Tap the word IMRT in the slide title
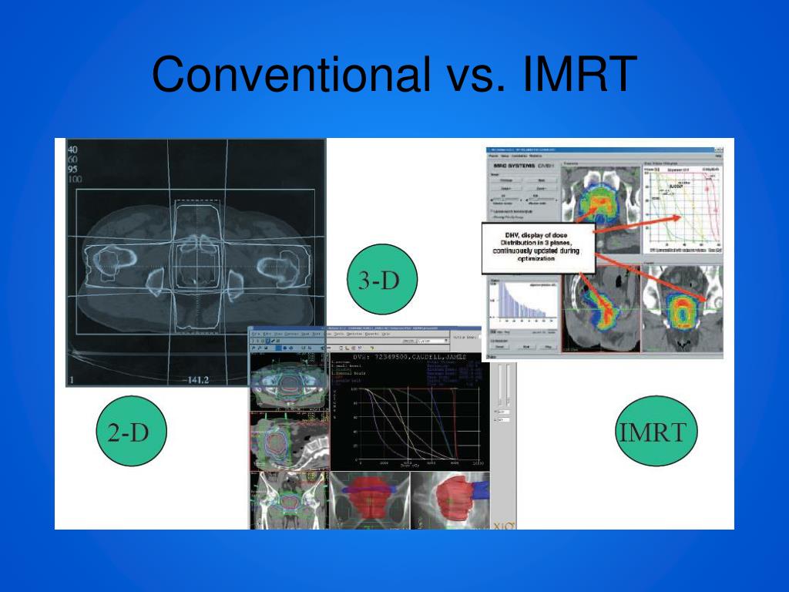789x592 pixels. click(579, 75)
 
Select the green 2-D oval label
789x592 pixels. click(132, 432)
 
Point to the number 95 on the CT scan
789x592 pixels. click(74, 170)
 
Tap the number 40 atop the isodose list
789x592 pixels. click(74, 150)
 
